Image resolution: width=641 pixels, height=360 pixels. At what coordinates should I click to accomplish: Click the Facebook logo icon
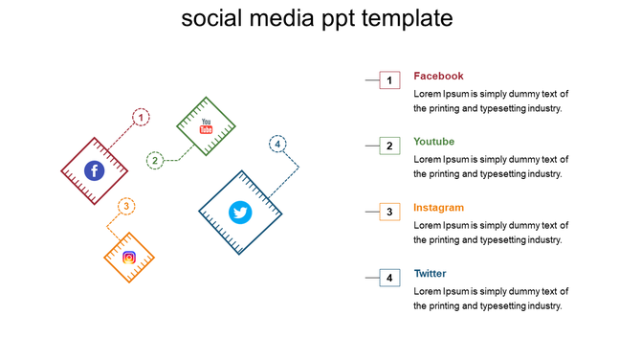(x=94, y=171)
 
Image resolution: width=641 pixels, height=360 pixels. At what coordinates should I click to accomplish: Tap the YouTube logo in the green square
(x=206, y=125)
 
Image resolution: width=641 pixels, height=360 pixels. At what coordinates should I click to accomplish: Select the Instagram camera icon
(x=129, y=258)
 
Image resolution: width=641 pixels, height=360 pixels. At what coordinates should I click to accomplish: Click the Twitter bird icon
(x=240, y=213)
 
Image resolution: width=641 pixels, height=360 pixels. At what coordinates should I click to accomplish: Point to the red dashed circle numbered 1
(x=142, y=118)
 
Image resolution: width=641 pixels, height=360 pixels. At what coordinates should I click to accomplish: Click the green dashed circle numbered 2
(x=156, y=160)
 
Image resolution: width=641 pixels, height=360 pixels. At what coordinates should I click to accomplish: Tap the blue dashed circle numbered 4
(x=277, y=145)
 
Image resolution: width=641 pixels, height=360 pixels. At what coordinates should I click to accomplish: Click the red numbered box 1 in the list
(x=389, y=80)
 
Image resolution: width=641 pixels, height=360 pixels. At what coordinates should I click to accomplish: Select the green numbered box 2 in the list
(x=389, y=146)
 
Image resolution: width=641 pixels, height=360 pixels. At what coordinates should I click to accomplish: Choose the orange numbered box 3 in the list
(x=389, y=213)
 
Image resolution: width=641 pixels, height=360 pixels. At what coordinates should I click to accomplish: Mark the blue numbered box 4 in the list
(x=389, y=279)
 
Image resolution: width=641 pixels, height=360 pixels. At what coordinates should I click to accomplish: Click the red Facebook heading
(x=438, y=76)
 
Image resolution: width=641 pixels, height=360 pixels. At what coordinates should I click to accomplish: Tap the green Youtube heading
(x=433, y=142)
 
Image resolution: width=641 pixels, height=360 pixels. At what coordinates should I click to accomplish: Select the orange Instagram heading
(x=438, y=208)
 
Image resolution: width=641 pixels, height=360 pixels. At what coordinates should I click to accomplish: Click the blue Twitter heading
(x=430, y=274)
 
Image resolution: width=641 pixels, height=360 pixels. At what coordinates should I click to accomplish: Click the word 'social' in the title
(x=213, y=19)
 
